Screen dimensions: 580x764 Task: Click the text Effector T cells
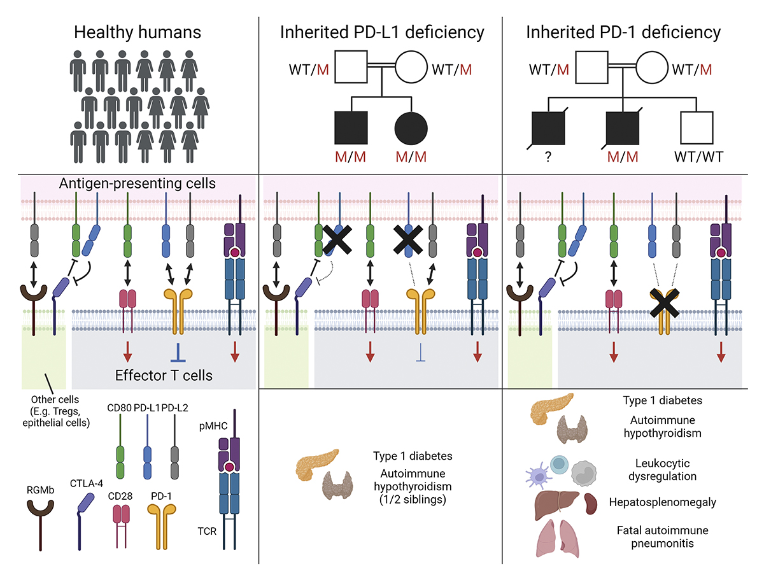164,376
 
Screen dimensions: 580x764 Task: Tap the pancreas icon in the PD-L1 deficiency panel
316,463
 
